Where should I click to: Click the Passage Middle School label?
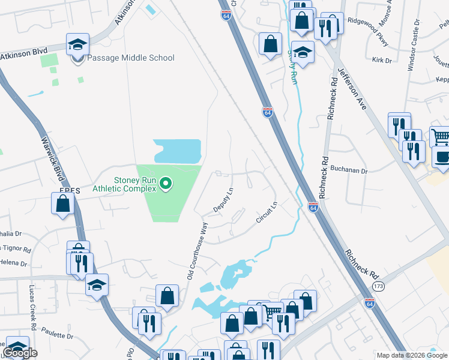(x=131, y=58)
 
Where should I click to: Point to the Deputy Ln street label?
(x=223, y=200)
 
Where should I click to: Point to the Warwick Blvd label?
(x=52, y=157)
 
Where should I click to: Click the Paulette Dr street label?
(x=58, y=337)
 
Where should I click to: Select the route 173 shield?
(x=377, y=287)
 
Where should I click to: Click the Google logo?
(x=20, y=353)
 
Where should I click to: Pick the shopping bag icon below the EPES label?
(x=63, y=203)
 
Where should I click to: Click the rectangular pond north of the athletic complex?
(x=177, y=151)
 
